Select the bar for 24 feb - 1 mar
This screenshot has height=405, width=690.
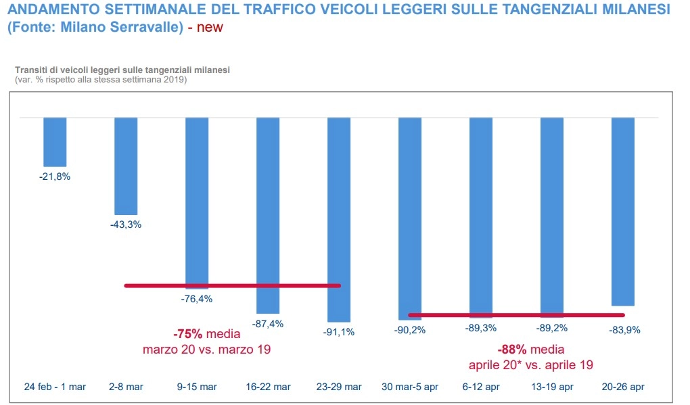(55, 142)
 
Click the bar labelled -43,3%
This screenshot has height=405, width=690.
(126, 166)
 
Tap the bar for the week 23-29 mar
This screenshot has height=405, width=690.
(339, 220)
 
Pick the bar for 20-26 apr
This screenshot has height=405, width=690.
(622, 212)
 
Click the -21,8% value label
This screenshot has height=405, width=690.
(55, 176)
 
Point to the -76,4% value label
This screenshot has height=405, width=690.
(197, 299)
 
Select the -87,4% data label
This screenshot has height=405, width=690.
(268, 324)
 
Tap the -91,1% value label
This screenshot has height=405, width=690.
(339, 332)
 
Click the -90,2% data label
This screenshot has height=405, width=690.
(410, 330)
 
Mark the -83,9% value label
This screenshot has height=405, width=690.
(623, 330)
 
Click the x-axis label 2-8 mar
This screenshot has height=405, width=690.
(126, 387)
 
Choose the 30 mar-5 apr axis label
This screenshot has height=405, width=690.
(410, 387)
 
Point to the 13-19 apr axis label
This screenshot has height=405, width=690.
(552, 387)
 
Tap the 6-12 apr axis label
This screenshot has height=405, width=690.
(481, 387)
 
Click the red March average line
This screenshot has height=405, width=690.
(233, 286)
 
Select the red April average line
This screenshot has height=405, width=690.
(516, 315)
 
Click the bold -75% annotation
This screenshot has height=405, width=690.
(188, 334)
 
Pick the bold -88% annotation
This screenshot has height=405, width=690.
(512, 350)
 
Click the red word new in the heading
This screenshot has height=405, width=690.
(210, 28)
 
